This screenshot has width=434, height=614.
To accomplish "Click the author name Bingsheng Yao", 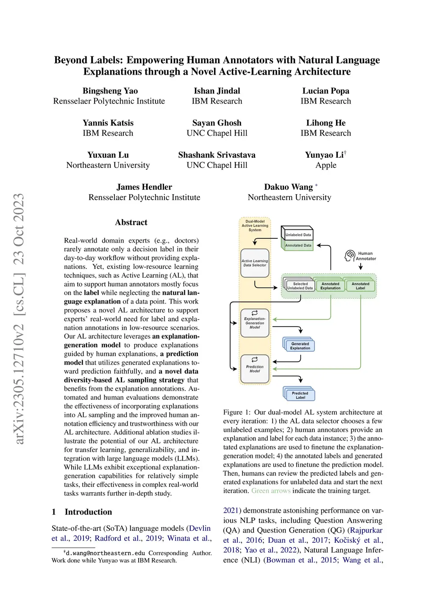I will tap(110, 91).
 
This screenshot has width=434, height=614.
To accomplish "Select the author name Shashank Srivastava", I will tap(217, 155).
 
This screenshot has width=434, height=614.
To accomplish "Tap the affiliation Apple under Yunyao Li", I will tap(325, 165).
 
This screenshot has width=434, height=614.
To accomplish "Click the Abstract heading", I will tap(131, 222).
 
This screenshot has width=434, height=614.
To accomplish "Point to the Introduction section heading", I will tap(88, 512).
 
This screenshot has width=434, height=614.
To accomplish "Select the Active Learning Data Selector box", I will tap(255, 263).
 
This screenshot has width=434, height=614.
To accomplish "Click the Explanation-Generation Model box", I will tap(255, 323).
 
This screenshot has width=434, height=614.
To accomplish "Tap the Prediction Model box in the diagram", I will tap(255, 369).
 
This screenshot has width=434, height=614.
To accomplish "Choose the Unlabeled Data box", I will tap(298, 234).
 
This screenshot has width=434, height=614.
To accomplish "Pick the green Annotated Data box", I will tap(298, 245).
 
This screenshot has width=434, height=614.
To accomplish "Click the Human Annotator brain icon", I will tap(350, 256).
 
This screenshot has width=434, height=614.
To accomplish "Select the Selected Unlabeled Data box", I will tap(300, 286).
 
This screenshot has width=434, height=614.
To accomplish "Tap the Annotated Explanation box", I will tap(330, 286).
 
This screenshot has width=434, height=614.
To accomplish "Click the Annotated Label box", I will tap(360, 286).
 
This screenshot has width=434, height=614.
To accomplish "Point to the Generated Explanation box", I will tap(300, 346).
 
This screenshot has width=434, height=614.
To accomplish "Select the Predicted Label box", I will tap(300, 395).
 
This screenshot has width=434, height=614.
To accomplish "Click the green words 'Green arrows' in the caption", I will tap(271, 491).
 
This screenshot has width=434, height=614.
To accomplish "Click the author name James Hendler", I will tap(144, 187).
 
